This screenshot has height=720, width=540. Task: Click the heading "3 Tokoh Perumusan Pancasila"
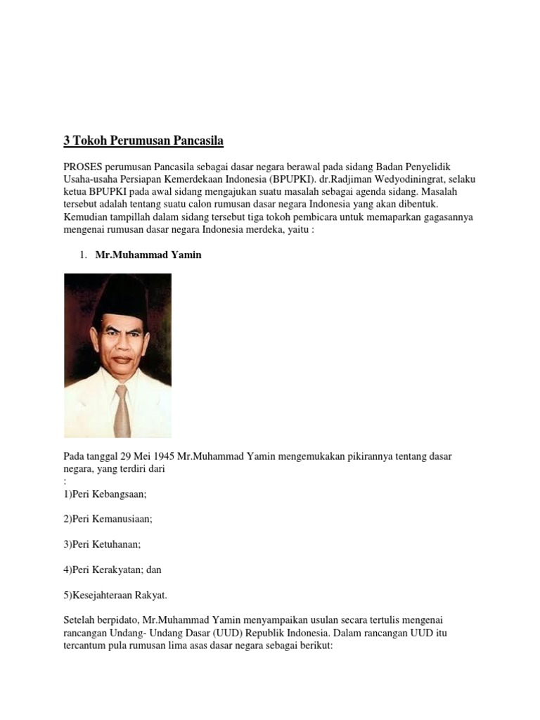tap(143, 141)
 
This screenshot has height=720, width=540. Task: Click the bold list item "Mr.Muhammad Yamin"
tap(148, 255)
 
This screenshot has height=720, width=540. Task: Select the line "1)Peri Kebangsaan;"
tap(105, 494)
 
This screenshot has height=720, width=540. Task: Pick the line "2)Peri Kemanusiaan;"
tap(108, 519)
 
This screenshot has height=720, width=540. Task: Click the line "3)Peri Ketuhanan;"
tap(102, 544)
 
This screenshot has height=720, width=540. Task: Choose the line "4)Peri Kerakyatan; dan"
tap(112, 570)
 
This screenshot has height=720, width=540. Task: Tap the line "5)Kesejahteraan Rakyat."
tap(115, 595)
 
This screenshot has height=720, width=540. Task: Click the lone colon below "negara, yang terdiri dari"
tap(65, 482)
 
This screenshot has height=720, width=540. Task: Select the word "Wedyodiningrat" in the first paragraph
tap(415, 179)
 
